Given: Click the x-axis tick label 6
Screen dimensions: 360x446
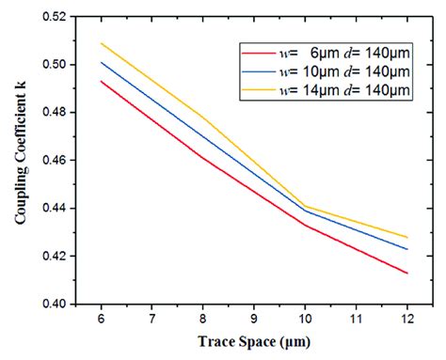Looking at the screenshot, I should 100,319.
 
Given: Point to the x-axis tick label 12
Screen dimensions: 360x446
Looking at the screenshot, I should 407,319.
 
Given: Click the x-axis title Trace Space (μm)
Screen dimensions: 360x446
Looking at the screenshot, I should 253,342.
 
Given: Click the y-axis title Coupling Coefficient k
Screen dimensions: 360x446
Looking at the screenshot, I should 20,161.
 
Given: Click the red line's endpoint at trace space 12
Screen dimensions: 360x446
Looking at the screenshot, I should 407,273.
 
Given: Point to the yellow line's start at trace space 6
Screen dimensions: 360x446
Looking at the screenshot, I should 100,43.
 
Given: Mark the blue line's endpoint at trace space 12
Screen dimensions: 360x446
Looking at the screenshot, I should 407,249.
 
